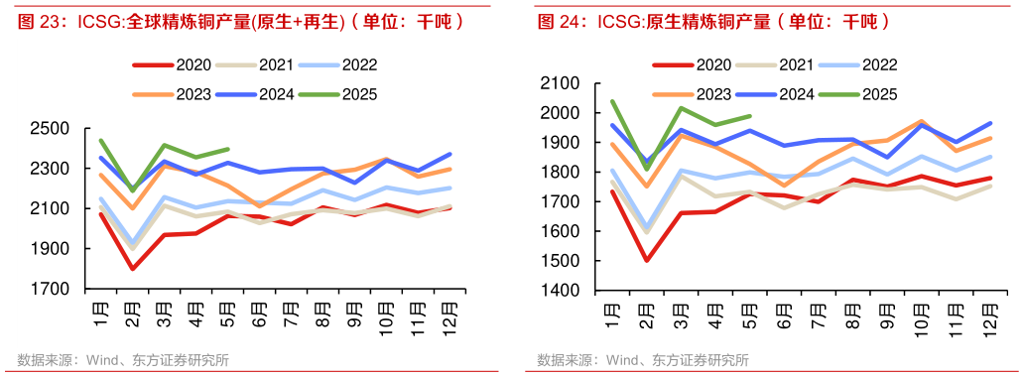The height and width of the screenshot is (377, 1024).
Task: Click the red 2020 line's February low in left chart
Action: point(132,269)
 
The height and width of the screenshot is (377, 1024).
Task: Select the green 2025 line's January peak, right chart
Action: point(612,101)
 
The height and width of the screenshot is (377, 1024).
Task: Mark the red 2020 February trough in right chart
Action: point(647,261)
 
